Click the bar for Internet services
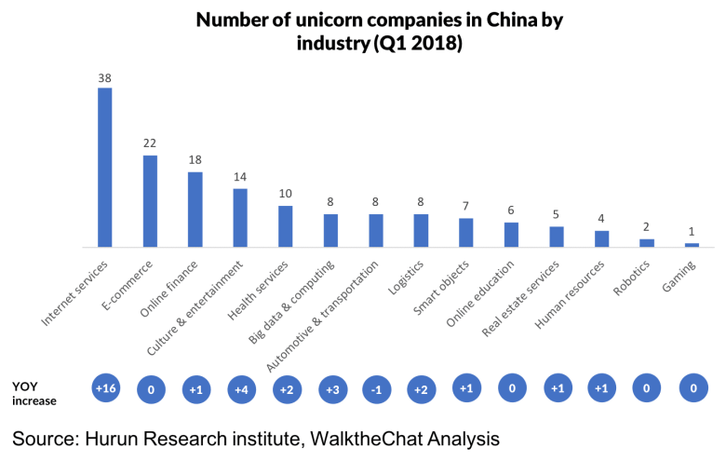coord(105,168)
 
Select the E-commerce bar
coord(150,201)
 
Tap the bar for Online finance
coord(195,210)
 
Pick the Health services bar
coord(286,226)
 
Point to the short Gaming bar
coord(692,245)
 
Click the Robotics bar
coord(647,243)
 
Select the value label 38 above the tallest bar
coord(105,79)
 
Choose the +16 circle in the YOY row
coord(106,388)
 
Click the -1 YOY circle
coord(377,389)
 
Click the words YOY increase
coord(35,393)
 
